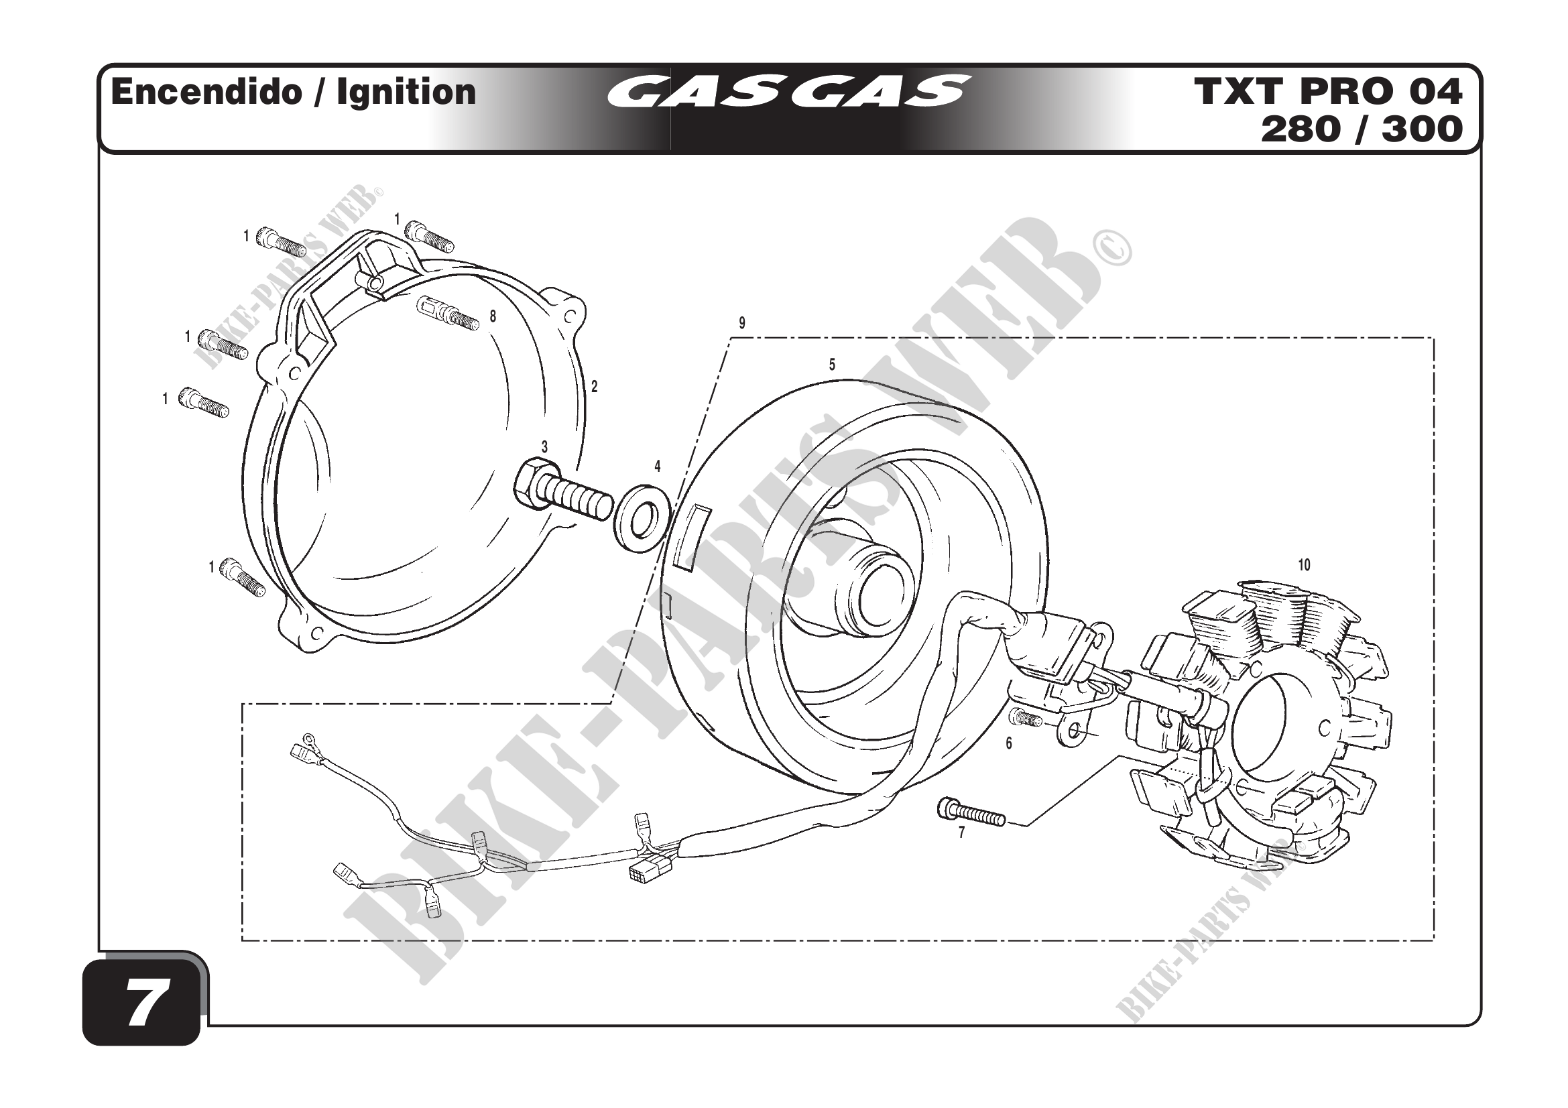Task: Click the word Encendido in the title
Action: (206, 92)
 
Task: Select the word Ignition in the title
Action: (406, 92)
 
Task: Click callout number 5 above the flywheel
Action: (832, 365)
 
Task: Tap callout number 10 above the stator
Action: (1304, 565)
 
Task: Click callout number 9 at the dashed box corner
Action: (741, 323)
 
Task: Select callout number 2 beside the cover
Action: (594, 387)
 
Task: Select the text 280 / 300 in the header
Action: (1361, 130)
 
